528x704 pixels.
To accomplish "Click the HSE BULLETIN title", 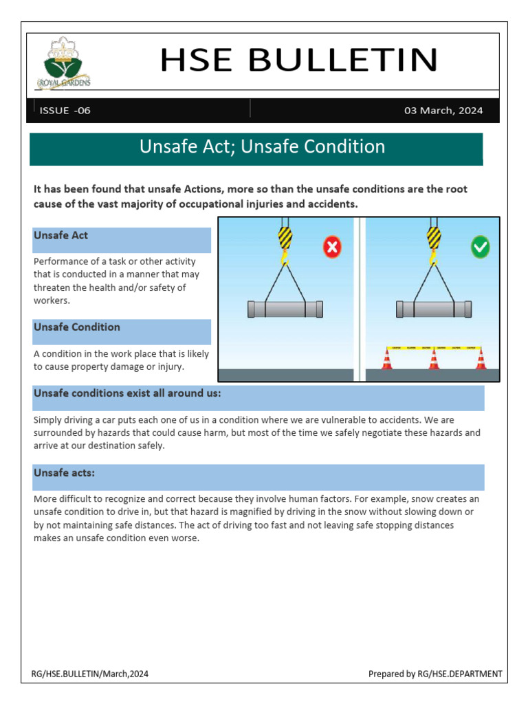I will click(298, 60).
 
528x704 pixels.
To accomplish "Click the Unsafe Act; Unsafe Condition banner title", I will click(262, 147).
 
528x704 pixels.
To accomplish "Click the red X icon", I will click(332, 247).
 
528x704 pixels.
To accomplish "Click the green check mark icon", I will click(481, 247).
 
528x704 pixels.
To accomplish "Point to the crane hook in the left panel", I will click(285, 245).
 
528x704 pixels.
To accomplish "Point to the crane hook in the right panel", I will click(433, 245).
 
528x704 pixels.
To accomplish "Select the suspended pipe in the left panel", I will click(285, 309).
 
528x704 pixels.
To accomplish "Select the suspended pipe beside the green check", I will click(434, 309).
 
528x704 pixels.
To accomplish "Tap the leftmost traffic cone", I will click(388, 358).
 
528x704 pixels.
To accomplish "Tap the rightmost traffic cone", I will click(480, 358).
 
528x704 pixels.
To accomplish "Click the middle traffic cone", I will click(434, 358).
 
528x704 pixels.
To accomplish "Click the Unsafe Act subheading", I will click(61, 236).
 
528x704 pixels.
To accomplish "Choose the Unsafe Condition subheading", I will click(77, 327).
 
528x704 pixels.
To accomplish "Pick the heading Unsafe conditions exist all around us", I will click(127, 393).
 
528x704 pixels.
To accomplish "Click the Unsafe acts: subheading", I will click(65, 473).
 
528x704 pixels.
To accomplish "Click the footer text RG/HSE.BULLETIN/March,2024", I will click(91, 674).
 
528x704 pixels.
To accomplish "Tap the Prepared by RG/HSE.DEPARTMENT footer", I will click(434, 674).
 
